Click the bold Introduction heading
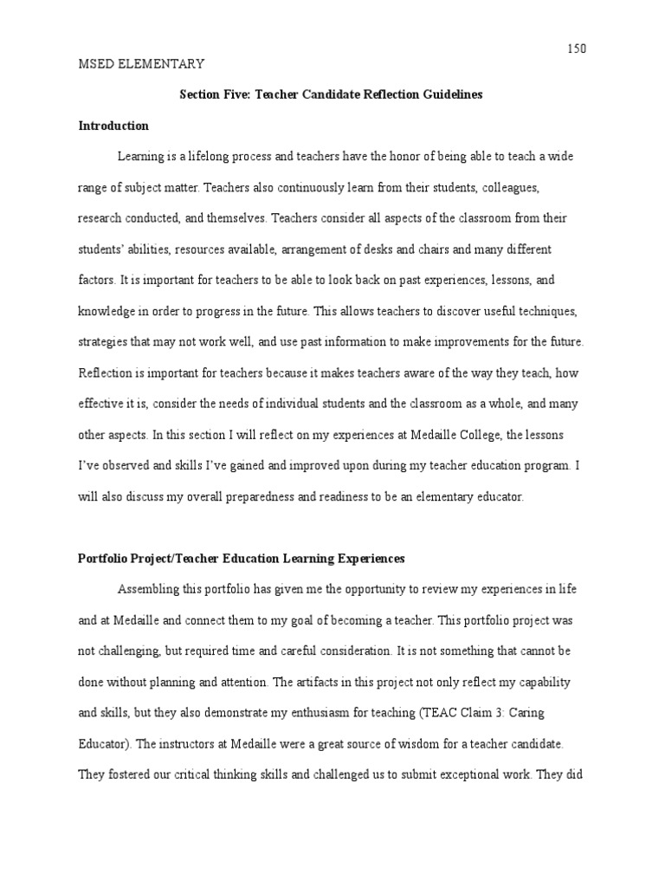click(x=113, y=126)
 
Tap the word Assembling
click(x=149, y=590)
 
